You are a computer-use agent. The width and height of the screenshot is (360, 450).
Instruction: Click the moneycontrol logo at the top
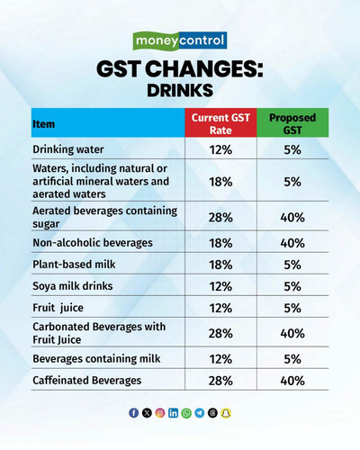click(x=180, y=40)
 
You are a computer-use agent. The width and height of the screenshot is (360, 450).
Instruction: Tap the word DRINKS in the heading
click(x=180, y=90)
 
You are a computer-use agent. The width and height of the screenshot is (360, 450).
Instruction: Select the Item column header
click(x=44, y=124)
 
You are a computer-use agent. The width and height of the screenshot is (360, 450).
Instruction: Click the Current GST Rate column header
click(x=220, y=123)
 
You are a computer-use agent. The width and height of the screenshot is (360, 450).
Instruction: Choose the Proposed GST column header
click(x=292, y=123)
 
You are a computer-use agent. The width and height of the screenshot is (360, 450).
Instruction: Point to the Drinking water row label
click(x=68, y=149)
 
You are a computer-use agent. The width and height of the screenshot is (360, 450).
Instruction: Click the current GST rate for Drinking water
click(x=220, y=149)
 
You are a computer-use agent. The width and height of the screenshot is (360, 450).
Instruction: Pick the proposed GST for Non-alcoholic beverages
click(x=292, y=243)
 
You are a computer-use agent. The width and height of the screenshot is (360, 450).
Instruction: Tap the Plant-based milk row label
click(x=74, y=265)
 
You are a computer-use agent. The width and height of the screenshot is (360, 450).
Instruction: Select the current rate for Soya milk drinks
click(x=220, y=286)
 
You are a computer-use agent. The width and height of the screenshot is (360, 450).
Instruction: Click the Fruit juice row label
click(x=58, y=308)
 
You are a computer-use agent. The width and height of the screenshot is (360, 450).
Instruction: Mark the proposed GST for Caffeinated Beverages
click(x=292, y=381)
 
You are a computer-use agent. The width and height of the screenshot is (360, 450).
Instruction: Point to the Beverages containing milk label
click(x=96, y=359)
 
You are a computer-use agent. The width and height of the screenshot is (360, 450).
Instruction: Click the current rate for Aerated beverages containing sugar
click(x=220, y=218)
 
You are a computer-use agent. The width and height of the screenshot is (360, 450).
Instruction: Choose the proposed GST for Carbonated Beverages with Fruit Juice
click(x=292, y=334)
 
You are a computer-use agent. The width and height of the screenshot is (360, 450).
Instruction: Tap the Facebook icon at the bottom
click(x=134, y=413)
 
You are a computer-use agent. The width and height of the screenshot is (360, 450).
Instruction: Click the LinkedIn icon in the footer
click(x=173, y=413)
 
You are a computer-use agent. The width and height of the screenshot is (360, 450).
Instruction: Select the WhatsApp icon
click(x=186, y=413)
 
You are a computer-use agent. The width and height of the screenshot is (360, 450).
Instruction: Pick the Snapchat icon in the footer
click(x=226, y=413)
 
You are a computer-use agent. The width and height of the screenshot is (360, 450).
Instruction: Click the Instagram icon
click(x=160, y=413)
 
